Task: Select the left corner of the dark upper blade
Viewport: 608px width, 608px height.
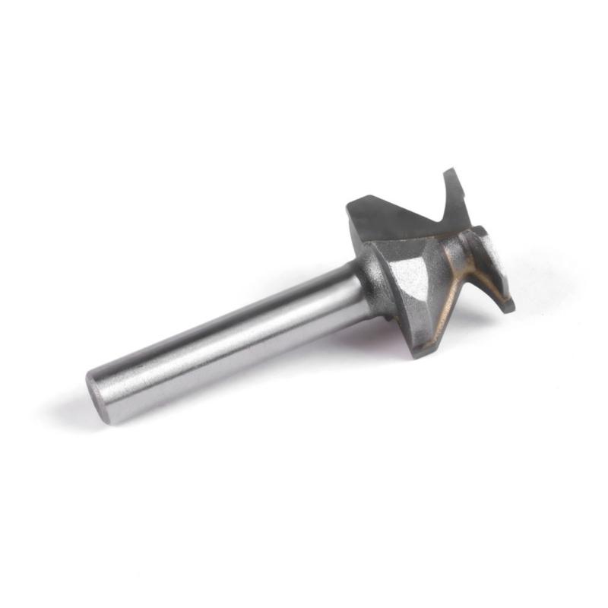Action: [x=349, y=204]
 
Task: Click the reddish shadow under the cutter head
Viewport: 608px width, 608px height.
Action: [x=372, y=334]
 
